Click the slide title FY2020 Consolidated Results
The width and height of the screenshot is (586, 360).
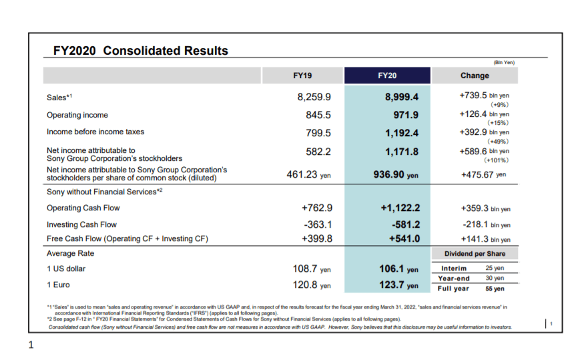(140, 51)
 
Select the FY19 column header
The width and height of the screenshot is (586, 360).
(302, 75)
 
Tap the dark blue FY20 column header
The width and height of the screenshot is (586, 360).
(387, 75)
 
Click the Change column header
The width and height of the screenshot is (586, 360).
(474, 75)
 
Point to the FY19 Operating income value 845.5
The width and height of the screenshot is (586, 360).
(318, 115)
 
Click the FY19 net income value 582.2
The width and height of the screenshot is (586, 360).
(318, 152)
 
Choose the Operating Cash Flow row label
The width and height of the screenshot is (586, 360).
(83, 208)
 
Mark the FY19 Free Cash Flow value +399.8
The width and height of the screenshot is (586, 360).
(317, 238)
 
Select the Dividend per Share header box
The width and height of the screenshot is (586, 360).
(475, 254)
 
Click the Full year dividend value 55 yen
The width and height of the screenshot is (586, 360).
(495, 289)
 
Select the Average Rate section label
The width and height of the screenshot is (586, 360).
(70, 254)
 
